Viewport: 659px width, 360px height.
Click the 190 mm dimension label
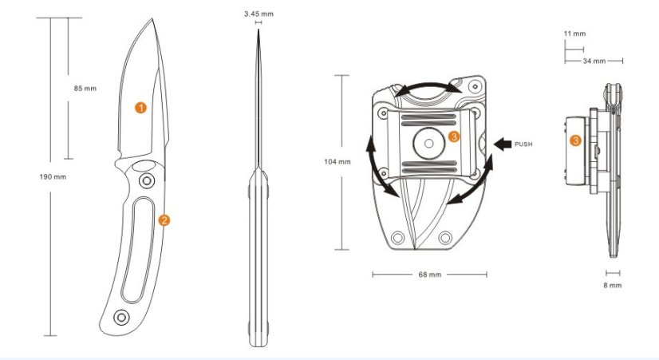click(53, 176)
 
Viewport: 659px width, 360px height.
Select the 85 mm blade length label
click(85, 89)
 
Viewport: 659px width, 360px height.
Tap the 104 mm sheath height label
click(338, 162)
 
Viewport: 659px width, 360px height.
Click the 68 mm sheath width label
click(428, 275)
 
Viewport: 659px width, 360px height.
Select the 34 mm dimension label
click(594, 61)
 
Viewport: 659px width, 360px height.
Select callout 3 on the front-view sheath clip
click(454, 137)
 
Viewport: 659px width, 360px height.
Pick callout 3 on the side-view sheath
click(574, 140)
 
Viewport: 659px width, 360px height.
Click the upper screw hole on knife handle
click(147, 182)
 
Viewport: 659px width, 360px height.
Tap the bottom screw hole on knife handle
click(121, 317)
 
